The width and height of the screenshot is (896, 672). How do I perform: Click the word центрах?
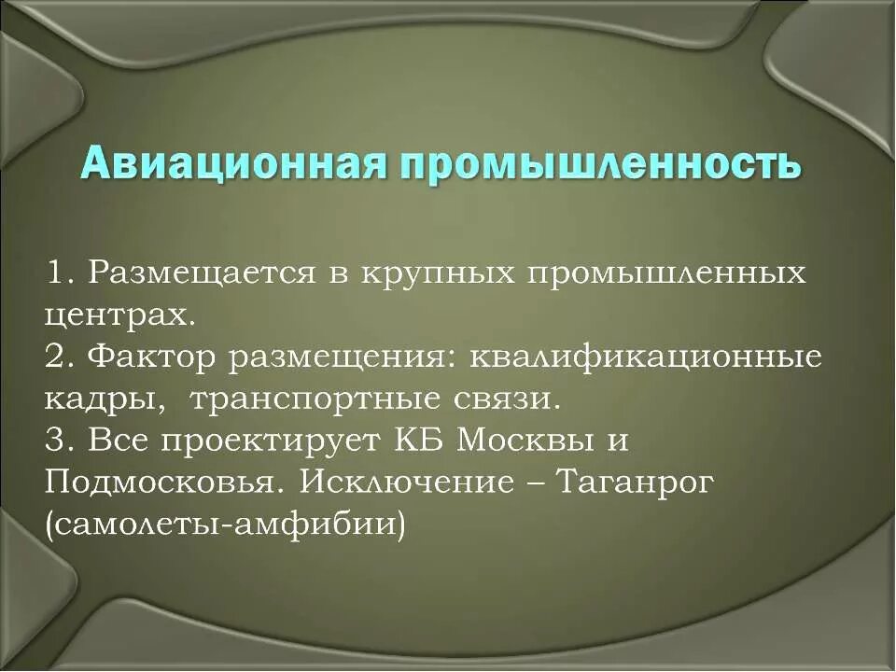click(x=119, y=315)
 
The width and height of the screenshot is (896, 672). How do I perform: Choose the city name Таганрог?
click(x=635, y=483)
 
